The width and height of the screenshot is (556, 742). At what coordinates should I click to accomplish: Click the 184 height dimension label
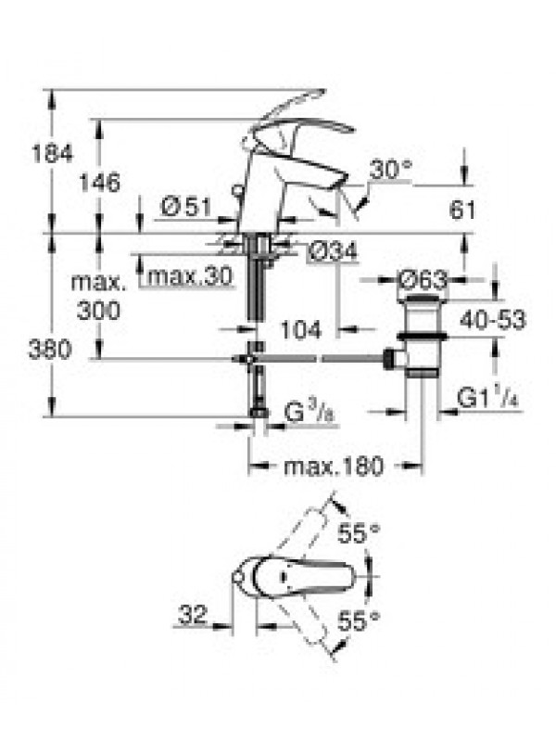point(53,153)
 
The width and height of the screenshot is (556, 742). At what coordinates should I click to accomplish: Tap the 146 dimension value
point(100,182)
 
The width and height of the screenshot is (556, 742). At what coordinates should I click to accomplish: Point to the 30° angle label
point(391,170)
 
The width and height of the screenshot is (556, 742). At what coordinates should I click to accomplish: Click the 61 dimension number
point(461,210)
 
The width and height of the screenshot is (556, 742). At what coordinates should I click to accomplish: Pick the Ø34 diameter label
point(333,251)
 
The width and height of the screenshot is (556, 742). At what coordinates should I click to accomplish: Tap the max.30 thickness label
point(190,275)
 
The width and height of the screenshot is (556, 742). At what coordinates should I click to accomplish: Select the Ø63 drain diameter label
point(423,280)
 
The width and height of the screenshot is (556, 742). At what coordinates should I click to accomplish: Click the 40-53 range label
point(493,320)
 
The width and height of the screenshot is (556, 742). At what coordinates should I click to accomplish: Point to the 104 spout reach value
point(301,329)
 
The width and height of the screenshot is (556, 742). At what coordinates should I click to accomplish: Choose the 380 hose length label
point(50,351)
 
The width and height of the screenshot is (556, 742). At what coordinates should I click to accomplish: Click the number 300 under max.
point(99,311)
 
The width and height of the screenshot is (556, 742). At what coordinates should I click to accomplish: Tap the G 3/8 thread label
point(310,413)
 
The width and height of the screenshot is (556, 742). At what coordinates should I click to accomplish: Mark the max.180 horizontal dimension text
point(334,467)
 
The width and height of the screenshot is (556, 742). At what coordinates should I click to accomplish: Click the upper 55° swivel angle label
point(359,534)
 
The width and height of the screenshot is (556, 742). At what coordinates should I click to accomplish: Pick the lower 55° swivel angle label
point(359,620)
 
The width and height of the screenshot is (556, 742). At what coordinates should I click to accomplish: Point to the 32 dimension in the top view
point(193,615)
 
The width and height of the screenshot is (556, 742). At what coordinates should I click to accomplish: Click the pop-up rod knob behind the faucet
point(237,191)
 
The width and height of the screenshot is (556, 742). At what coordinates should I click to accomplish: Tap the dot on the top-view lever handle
point(284,577)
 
